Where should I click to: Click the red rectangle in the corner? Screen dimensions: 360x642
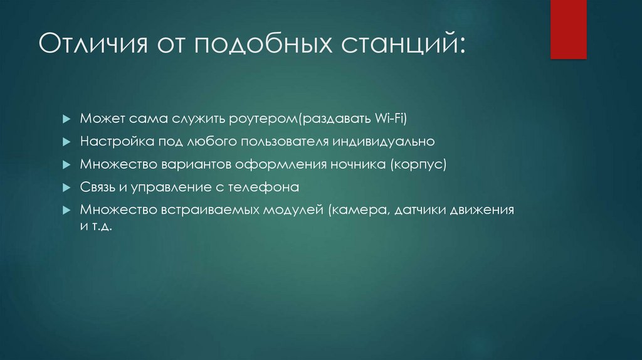point(568,29)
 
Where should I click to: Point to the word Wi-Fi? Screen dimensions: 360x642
point(393,119)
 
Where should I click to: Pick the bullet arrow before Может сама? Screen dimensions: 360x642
point(66,119)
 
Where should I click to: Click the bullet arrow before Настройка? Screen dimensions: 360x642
point(66,142)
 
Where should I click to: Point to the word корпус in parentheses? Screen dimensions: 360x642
point(419,164)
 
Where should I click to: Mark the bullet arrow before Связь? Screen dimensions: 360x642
point(66,188)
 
